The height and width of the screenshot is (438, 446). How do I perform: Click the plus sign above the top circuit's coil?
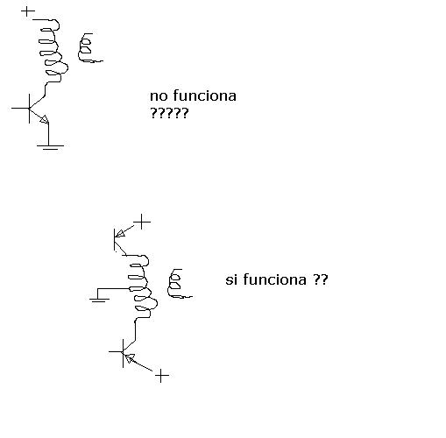(x=28, y=11)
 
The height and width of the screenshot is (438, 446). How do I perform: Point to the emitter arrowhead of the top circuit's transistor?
(x=45, y=119)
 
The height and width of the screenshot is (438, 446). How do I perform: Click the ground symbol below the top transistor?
(x=50, y=147)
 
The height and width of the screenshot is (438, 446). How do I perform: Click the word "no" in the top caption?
(x=159, y=96)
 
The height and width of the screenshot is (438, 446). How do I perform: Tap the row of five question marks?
(x=169, y=113)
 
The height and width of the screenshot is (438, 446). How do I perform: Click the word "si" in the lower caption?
(x=230, y=279)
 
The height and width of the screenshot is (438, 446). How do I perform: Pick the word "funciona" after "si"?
(x=275, y=279)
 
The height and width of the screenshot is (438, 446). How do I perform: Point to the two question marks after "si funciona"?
(x=321, y=279)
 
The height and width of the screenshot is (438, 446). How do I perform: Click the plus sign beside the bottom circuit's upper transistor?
(x=142, y=222)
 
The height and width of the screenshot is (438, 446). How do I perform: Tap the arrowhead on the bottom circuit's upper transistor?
(x=120, y=233)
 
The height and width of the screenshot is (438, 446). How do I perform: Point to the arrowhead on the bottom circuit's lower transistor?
(x=129, y=358)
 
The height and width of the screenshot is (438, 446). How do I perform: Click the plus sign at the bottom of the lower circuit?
(x=161, y=376)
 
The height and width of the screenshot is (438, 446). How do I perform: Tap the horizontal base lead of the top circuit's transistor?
(x=20, y=109)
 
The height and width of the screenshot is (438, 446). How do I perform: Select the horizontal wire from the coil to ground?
(x=114, y=289)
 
